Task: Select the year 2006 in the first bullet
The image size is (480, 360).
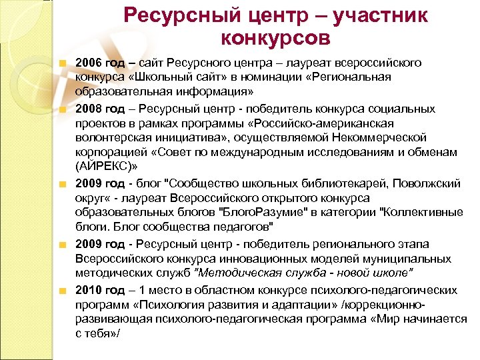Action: [x=89, y=63]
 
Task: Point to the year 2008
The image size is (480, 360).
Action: [x=89, y=109]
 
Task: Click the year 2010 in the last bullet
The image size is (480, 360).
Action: [x=89, y=290]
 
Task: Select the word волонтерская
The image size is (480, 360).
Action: [x=111, y=137]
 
